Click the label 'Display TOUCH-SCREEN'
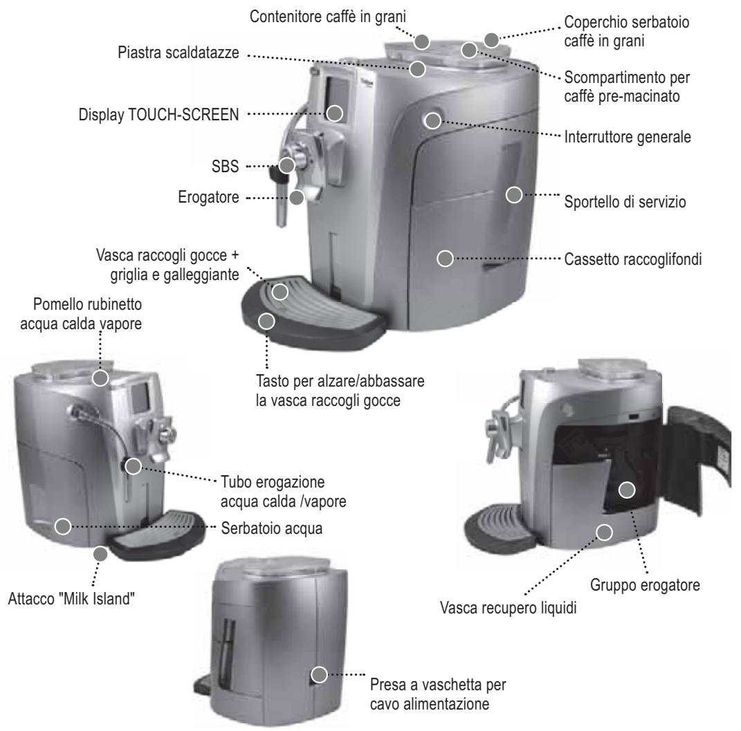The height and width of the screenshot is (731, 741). [x=158, y=115]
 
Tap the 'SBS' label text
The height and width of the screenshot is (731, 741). [x=225, y=166]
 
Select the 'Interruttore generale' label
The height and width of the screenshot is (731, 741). [x=628, y=137]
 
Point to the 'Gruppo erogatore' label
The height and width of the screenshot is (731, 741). [x=645, y=585]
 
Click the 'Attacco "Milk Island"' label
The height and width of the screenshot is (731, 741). [x=71, y=599]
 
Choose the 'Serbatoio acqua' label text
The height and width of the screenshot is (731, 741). [x=272, y=528]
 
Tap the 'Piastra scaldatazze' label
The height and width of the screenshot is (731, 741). [x=179, y=53]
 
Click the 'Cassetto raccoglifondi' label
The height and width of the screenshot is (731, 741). [x=633, y=259]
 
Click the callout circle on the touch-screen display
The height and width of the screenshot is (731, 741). [x=335, y=113]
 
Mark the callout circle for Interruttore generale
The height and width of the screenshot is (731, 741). [x=432, y=120]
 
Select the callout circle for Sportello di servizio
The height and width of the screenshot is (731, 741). [x=514, y=194]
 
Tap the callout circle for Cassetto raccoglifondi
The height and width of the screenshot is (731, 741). [x=445, y=259]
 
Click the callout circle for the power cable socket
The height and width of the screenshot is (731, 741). [x=320, y=674]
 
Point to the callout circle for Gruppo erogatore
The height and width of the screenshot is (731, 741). [x=627, y=490]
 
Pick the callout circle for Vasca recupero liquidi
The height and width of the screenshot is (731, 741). [x=605, y=533]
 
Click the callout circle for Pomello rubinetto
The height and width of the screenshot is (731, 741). [x=100, y=378]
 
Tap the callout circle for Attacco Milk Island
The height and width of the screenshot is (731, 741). [x=100, y=554]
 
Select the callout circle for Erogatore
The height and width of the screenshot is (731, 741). [x=296, y=197]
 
